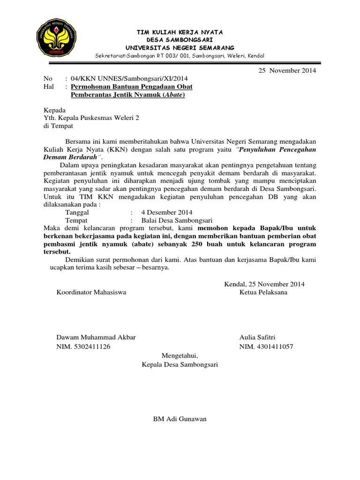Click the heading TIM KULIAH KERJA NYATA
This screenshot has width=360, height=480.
pyautogui.click(x=180, y=32)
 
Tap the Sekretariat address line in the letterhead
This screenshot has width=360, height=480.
pyautogui.click(x=180, y=56)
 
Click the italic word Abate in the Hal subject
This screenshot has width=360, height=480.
pyautogui.click(x=173, y=95)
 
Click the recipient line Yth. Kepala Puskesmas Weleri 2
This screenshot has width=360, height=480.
pyautogui.click(x=91, y=118)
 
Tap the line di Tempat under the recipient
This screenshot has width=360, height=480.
pyautogui.click(x=58, y=126)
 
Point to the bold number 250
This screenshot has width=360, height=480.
pyautogui.click(x=197, y=244)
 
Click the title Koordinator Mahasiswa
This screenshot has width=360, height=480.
pyautogui.click(x=91, y=292)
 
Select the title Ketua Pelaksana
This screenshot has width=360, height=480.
pyautogui.click(x=263, y=292)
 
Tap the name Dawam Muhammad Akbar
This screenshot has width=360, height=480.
pyautogui.click(x=96, y=337)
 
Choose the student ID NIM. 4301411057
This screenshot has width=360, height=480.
pyautogui.click(x=266, y=347)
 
